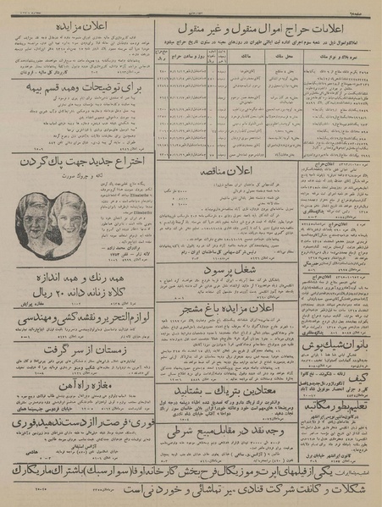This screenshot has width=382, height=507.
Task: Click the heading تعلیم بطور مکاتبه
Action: pyautogui.click(x=340, y=422)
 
